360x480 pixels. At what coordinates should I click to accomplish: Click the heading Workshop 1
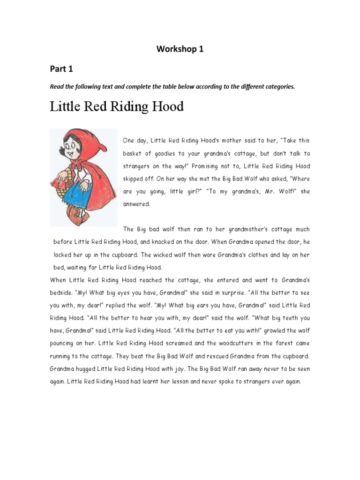[180, 49]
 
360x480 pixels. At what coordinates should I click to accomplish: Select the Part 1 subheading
[61, 68]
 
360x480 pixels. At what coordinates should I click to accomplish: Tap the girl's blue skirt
[77, 192]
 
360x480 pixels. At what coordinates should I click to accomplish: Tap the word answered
[135, 204]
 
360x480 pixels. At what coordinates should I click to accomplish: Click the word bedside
[62, 292]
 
